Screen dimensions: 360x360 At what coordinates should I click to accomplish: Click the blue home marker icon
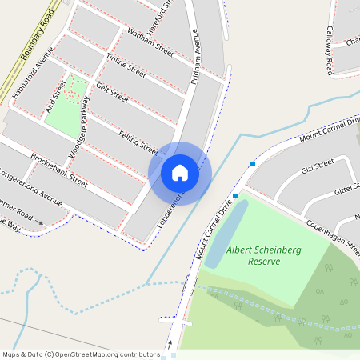(x=180, y=172)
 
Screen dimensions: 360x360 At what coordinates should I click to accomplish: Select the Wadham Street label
(x=150, y=41)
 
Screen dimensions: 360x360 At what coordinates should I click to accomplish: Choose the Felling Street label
(x=138, y=142)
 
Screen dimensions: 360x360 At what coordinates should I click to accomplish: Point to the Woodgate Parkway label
(x=77, y=125)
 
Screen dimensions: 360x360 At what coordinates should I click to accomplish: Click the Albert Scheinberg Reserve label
(x=263, y=255)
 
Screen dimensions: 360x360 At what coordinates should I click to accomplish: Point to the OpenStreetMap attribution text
(x=80, y=354)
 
